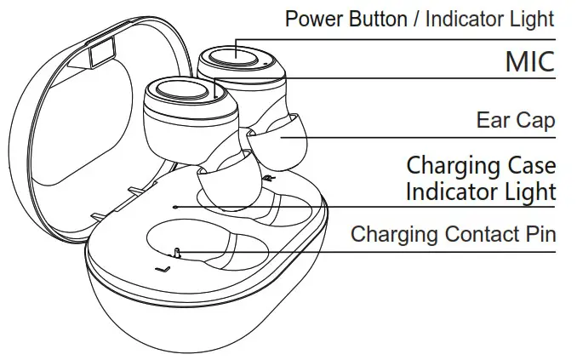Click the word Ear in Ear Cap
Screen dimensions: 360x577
coord(491,120)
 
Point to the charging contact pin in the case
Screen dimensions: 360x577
coord(175,252)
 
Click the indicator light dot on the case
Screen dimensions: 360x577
coord(174,206)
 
